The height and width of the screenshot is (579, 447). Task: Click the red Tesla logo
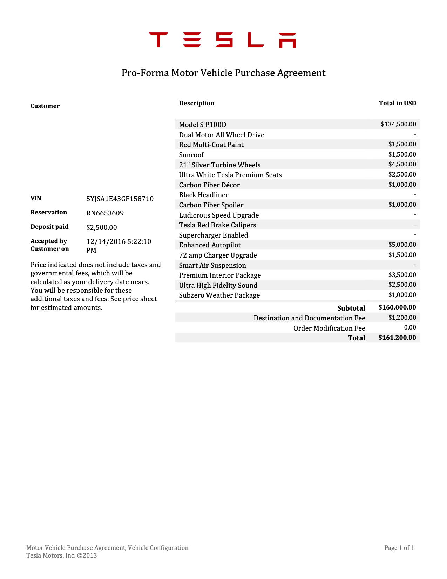pos(223,40)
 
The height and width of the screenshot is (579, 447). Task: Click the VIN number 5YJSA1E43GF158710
pos(120,199)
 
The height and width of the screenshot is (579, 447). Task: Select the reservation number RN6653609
pos(105,213)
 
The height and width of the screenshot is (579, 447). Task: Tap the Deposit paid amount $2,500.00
pos(101,227)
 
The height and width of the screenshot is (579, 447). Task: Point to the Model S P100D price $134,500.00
pos(398,124)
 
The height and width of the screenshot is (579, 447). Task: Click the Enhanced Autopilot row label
pos(210,245)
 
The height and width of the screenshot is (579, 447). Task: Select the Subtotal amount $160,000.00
pos(397,307)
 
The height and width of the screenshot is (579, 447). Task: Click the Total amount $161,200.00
pos(397,338)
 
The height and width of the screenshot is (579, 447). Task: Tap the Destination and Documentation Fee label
pos(309,318)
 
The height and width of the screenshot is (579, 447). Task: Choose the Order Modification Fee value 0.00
pos(410,327)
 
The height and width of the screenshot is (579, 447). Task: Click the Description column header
pos(196,103)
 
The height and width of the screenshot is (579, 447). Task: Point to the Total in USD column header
pos(397,103)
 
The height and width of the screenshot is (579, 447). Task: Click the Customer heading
pos(45,106)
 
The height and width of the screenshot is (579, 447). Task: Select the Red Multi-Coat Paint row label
pos(211,145)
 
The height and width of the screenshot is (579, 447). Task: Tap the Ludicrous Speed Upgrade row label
pos(219,215)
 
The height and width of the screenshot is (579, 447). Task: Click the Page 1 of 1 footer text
pos(399,548)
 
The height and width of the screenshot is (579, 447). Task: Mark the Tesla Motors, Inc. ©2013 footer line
pos(61,555)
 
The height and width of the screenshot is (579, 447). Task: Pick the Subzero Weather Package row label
pos(219,295)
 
